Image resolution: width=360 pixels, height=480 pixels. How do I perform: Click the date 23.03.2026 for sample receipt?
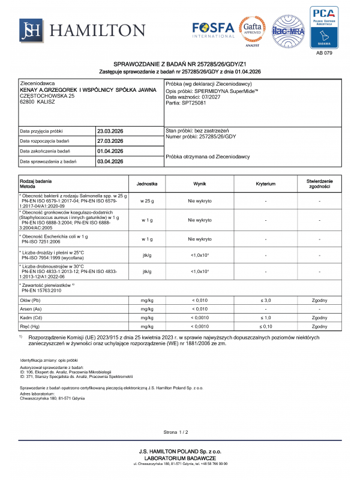click(x=110, y=131)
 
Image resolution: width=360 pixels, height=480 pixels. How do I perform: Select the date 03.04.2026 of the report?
click(x=110, y=161)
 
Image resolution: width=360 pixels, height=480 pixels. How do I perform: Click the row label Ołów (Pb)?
click(x=31, y=299)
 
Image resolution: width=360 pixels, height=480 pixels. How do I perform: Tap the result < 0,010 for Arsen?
click(x=200, y=308)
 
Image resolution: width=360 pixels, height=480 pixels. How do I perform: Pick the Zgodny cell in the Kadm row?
click(x=319, y=317)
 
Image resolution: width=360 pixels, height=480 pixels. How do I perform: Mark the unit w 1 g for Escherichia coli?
click(x=146, y=239)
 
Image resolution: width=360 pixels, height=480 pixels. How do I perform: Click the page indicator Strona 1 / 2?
click(x=176, y=432)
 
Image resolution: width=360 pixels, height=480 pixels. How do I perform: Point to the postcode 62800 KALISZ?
click(x=37, y=101)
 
